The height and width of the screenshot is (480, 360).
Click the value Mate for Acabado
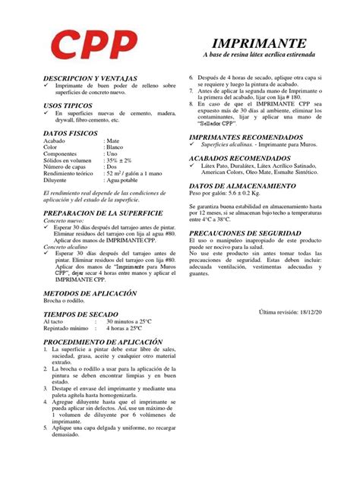pyautogui.click(x=113, y=141)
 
